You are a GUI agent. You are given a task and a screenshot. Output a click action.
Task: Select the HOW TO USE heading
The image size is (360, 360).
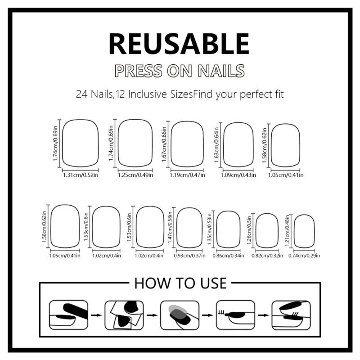click(x=180, y=283)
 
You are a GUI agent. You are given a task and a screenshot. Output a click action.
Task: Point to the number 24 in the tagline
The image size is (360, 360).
click(x=82, y=95)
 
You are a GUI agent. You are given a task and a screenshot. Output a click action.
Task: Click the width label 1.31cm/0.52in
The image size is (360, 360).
click(x=80, y=175)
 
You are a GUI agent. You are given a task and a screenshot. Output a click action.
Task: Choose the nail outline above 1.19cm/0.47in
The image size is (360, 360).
click(x=186, y=144)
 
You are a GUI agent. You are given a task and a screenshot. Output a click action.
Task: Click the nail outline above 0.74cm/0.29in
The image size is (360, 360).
click(x=304, y=230)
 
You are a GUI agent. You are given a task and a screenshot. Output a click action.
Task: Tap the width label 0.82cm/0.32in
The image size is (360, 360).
click(x=268, y=256)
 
